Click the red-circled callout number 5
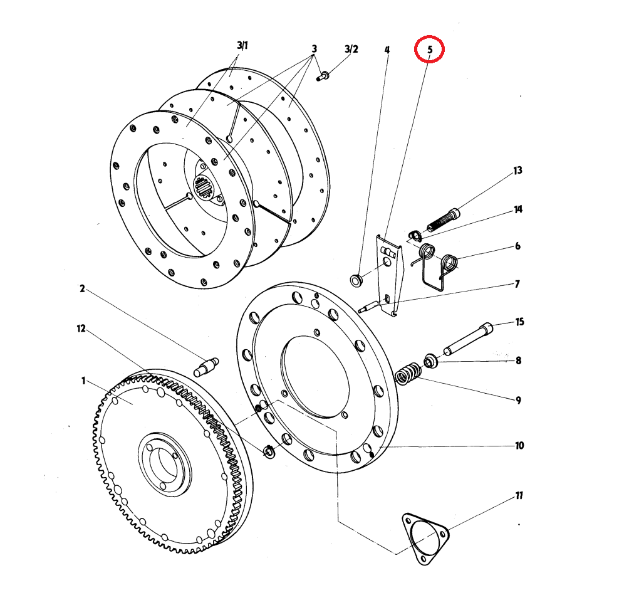[430, 50]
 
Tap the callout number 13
[517, 171]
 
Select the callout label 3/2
[351, 49]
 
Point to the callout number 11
[519, 496]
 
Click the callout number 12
[81, 329]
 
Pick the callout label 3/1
[242, 45]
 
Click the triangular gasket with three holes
[425, 539]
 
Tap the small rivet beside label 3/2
[323, 75]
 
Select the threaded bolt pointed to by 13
[443, 219]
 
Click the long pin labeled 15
[468, 339]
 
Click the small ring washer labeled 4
[355, 280]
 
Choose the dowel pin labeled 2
[206, 366]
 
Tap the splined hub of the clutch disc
[205, 188]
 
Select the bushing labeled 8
[430, 360]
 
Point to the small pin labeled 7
[368, 306]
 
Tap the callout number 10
[519, 446]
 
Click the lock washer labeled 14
[415, 236]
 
